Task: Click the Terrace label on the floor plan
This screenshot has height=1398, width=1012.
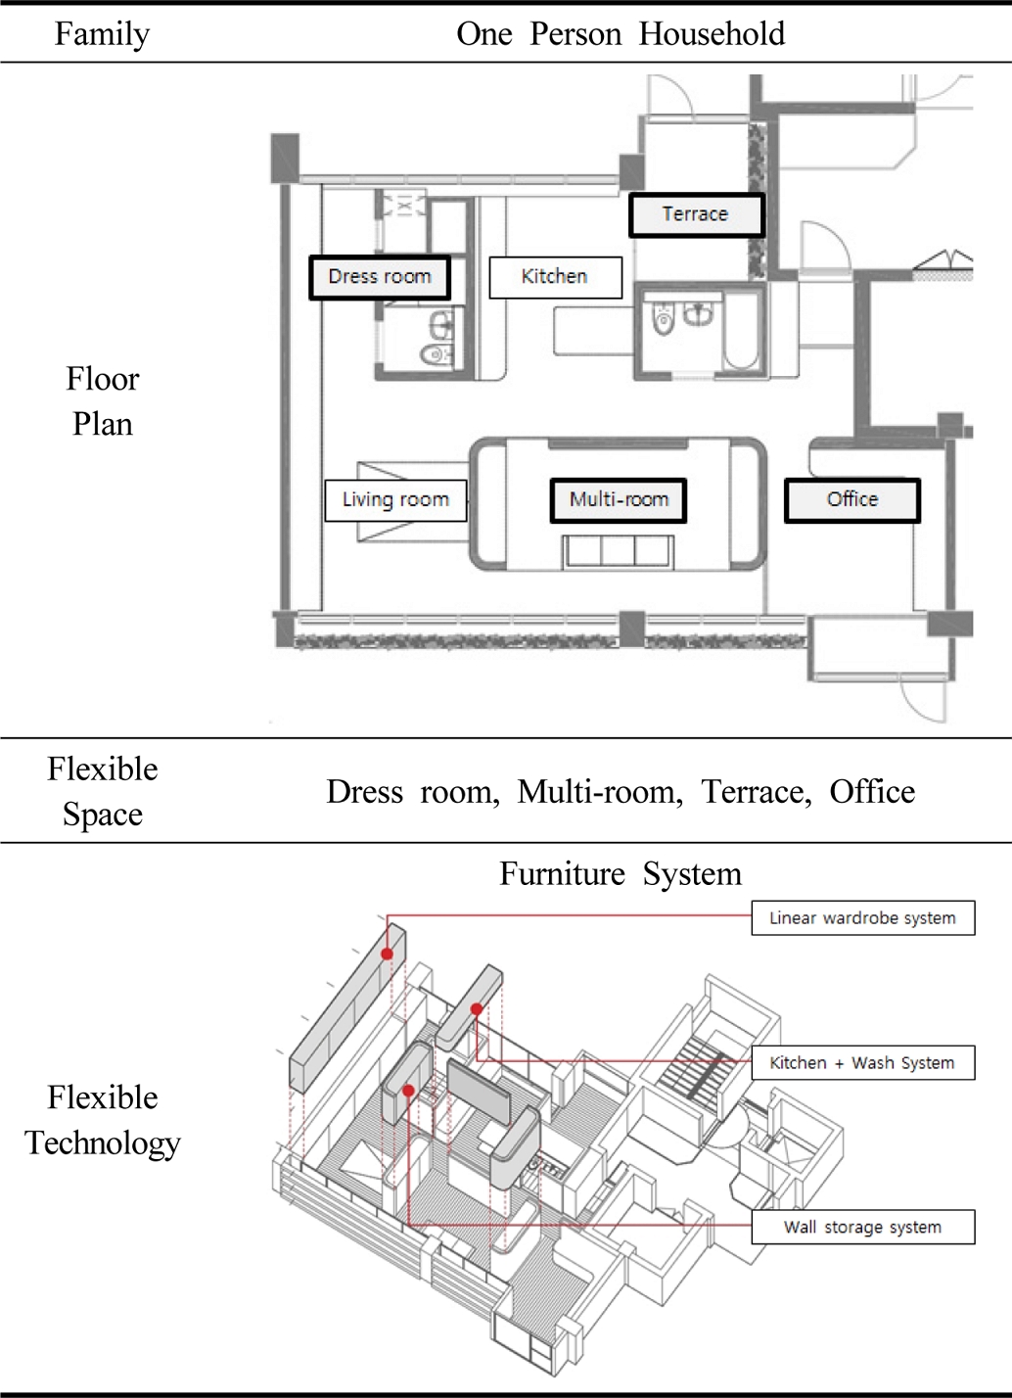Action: [x=696, y=215]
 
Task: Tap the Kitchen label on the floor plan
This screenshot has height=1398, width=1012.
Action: [x=555, y=277]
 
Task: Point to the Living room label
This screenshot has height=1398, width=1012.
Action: [x=395, y=500]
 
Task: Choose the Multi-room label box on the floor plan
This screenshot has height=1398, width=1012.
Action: [x=619, y=500]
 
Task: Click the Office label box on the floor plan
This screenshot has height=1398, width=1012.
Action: [x=852, y=500]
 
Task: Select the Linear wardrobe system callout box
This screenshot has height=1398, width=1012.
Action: [x=863, y=917]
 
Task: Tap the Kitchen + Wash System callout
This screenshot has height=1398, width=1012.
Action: [x=863, y=1062]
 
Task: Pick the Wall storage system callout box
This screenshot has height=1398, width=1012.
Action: [x=863, y=1227]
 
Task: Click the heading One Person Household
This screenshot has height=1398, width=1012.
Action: [x=621, y=33]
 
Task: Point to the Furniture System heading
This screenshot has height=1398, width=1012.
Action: [x=621, y=873]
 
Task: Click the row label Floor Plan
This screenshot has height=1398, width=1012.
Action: [x=103, y=401]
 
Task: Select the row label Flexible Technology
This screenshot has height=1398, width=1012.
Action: [x=103, y=1120]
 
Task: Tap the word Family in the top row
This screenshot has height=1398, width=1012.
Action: [x=103, y=34]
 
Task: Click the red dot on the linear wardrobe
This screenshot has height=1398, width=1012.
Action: [x=388, y=954]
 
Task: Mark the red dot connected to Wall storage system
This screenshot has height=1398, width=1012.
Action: [x=408, y=1091]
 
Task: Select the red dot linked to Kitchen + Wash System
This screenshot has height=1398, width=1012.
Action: [x=477, y=1009]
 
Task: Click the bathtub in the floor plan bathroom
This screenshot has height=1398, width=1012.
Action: [x=741, y=331]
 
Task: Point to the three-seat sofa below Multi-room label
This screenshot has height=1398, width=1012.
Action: [x=619, y=552]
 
